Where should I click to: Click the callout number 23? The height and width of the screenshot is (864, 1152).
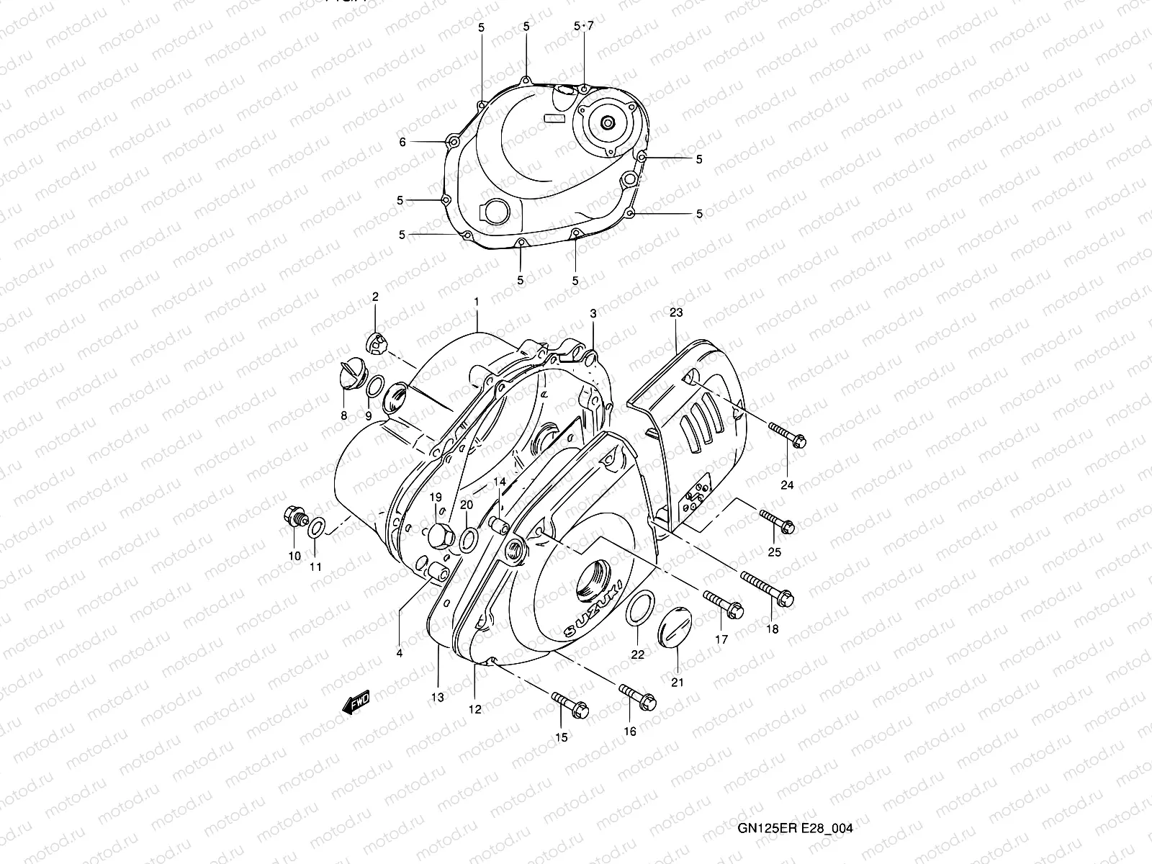pos(675,312)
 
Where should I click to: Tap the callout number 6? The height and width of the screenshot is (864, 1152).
pos(403,143)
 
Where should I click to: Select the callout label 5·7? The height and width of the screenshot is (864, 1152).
pos(584,27)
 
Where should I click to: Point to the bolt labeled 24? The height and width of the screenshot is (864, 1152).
pos(787,434)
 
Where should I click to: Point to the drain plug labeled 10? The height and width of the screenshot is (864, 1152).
pos(294,517)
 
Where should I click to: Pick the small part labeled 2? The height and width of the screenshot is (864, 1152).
pos(376,342)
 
